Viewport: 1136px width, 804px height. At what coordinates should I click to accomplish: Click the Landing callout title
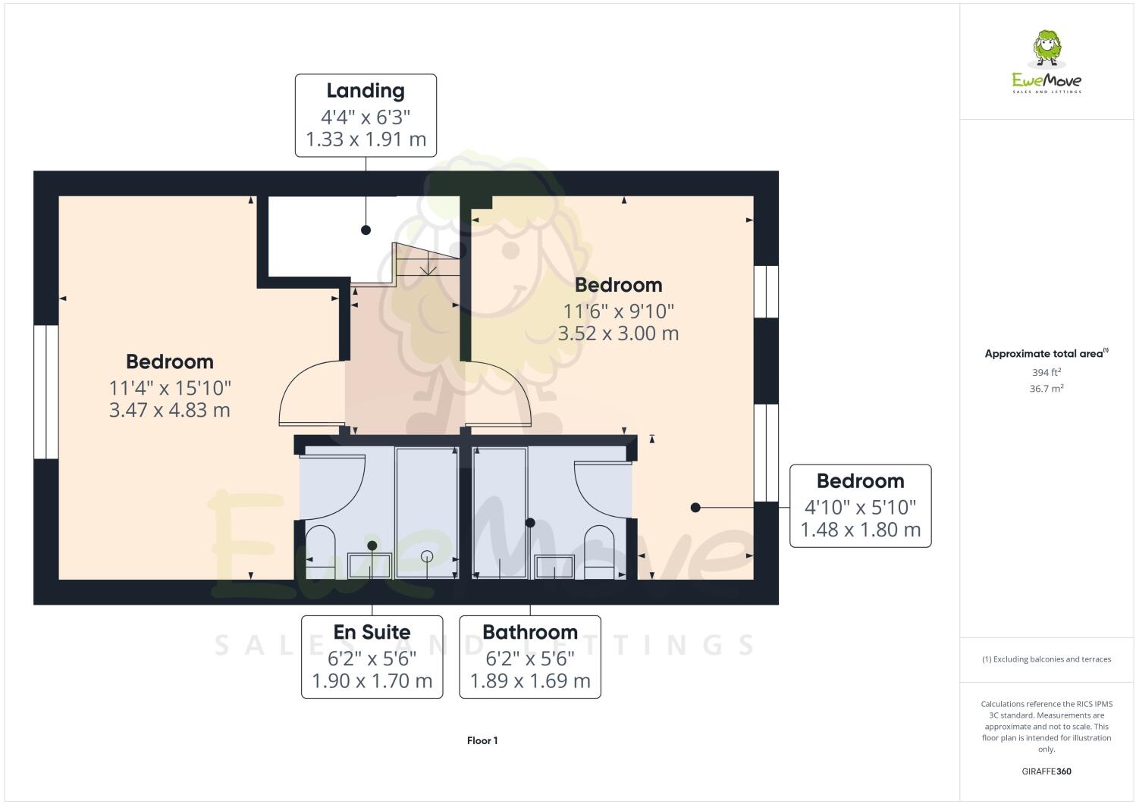[365, 91]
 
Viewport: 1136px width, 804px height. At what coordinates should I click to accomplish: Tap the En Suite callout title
[372, 632]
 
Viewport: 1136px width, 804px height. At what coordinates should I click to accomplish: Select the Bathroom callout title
[529, 632]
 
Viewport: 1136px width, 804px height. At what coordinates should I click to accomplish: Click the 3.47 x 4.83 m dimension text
[170, 410]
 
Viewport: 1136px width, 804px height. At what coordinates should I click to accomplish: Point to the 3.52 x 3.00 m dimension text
[618, 333]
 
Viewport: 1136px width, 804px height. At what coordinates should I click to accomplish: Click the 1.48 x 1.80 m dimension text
[860, 530]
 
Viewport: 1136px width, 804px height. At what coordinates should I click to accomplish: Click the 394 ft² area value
[1047, 372]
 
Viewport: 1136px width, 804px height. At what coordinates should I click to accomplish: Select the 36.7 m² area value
[1047, 388]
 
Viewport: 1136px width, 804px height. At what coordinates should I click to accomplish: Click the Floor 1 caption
[482, 740]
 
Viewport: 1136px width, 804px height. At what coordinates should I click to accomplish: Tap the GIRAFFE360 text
[1047, 771]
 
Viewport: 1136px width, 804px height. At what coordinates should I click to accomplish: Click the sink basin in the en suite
[369, 565]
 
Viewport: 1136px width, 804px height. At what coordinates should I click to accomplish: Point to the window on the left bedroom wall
[46, 392]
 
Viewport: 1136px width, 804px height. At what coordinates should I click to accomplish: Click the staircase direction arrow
[428, 265]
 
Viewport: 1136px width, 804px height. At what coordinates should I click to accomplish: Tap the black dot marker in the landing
[366, 230]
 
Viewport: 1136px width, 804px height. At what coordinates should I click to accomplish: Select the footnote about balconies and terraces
[1047, 659]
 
